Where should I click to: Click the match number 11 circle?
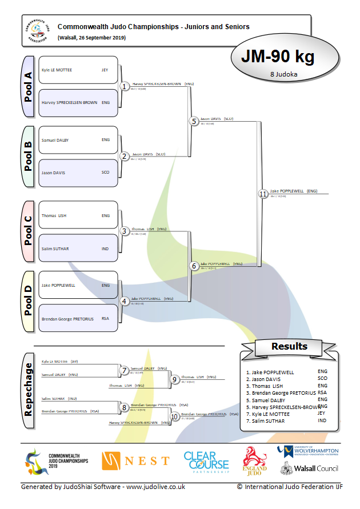pos(263,194)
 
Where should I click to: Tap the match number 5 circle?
pos(194,121)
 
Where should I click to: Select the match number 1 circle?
pos(125,86)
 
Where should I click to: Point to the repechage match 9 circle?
pos(174,378)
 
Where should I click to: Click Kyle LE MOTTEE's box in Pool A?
pos(78,70)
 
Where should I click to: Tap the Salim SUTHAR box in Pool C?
pos(78,249)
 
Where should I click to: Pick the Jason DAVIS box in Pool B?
pos(78,173)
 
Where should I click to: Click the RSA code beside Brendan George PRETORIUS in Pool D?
pos(105,318)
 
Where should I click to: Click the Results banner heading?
pos(289,346)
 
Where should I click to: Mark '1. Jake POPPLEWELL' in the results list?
pos(270,372)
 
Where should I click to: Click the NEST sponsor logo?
pos(135,460)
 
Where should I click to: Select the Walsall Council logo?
pos(309,468)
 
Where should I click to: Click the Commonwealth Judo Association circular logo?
pos(38,31)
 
